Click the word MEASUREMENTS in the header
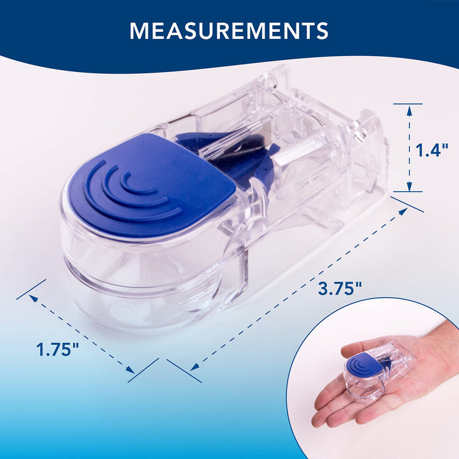coord(229,31)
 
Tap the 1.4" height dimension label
coord(432,150)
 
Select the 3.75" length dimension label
coord(340,289)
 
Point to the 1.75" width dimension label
coord(57,349)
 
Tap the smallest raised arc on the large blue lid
coord(136,184)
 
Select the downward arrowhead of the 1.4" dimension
coord(409,186)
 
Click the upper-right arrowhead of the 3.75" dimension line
coord(404,212)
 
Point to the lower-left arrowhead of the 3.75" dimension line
coord(194,367)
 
